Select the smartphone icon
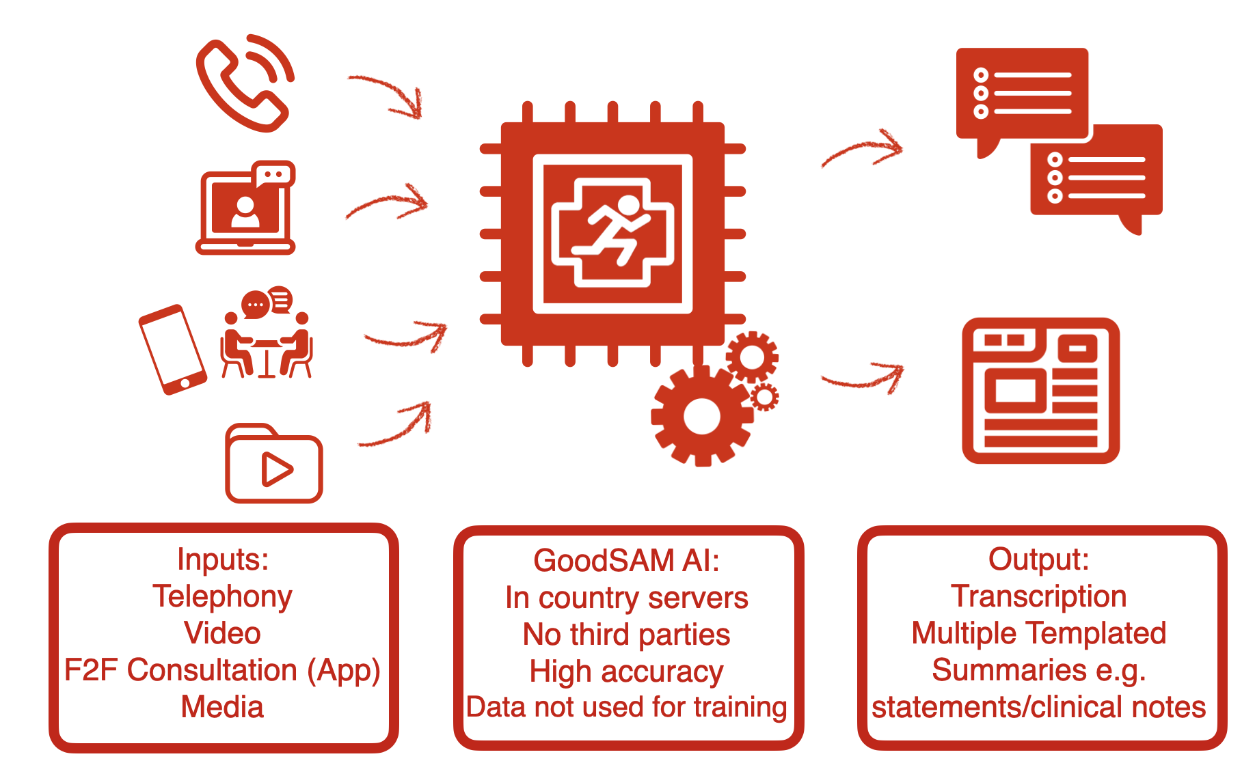click(172, 349)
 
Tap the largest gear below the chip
click(701, 416)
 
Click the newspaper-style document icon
click(1040, 391)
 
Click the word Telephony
click(223, 596)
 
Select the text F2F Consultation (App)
click(223, 670)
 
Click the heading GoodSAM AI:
click(626, 561)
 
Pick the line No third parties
click(626, 635)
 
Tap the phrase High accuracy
click(626, 671)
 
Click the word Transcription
click(1038, 596)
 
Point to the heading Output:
click(1038, 559)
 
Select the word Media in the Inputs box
click(223, 707)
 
